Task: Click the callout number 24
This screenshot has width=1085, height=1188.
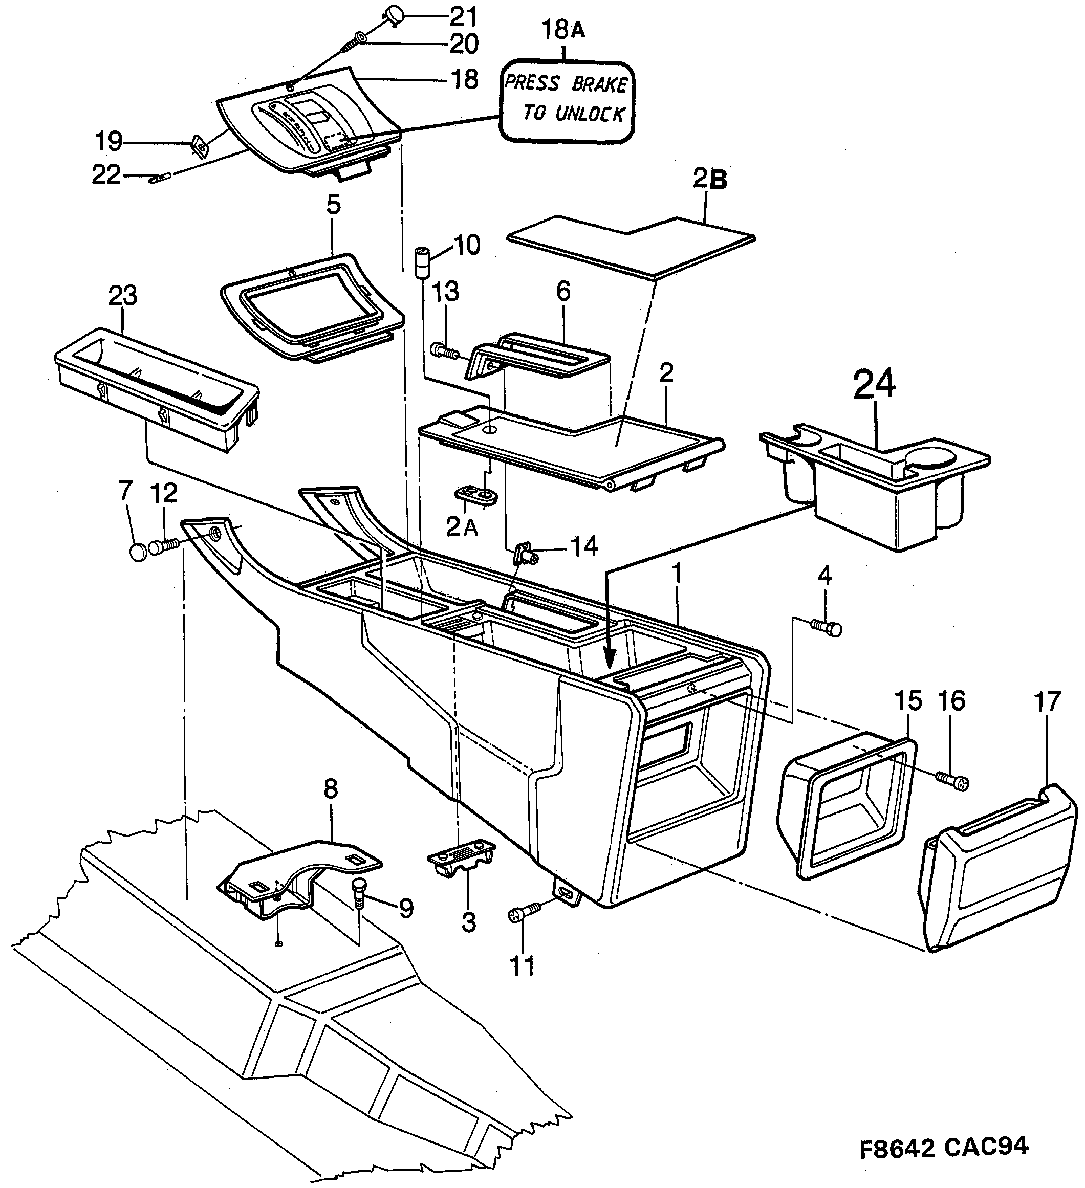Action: (x=875, y=384)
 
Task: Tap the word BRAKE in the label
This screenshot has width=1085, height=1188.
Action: (x=599, y=85)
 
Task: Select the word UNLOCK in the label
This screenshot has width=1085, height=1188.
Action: (x=590, y=113)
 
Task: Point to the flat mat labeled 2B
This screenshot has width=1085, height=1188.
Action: (x=631, y=245)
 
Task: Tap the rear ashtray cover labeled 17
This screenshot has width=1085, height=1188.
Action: (x=996, y=866)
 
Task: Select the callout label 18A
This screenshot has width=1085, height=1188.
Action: (x=563, y=30)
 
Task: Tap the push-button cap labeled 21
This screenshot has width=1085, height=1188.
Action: (x=393, y=13)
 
